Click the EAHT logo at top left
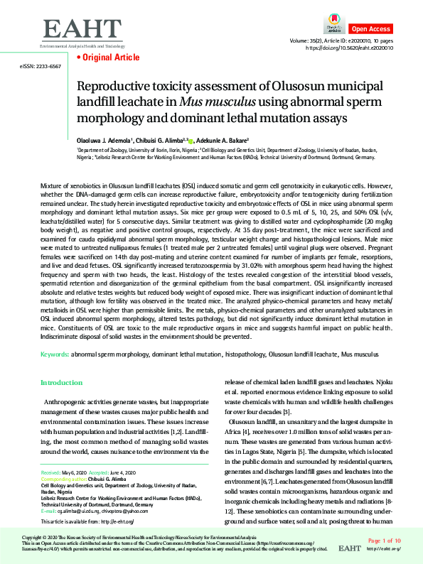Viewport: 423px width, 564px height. [82, 30]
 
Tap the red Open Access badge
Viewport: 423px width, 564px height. [370, 28]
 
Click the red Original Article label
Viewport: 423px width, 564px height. [100, 57]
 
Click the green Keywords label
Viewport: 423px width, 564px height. [53, 353]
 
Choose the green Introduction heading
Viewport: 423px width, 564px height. [62, 383]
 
